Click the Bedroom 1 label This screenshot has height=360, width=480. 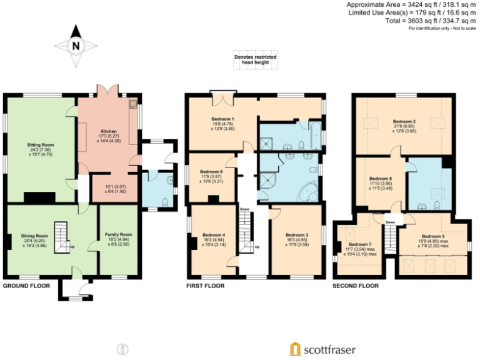coord(222,119)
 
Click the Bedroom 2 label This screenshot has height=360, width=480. coord(404,121)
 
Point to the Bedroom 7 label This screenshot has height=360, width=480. coord(360,244)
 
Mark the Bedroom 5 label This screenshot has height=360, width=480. coord(434,236)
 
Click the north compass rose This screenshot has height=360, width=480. coord(76,45)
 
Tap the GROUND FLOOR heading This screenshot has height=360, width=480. coord(27,286)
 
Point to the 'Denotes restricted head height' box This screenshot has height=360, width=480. coord(255,60)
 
